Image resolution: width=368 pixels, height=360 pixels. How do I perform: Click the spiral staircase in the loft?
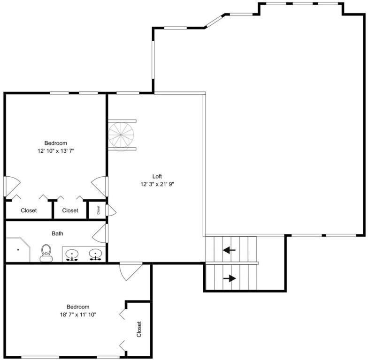click(121, 135)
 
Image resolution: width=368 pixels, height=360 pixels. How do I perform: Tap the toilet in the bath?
click(46, 253)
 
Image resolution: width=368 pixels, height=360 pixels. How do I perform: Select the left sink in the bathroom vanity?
click(72, 255)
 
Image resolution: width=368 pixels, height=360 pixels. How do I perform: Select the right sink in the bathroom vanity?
click(96, 255)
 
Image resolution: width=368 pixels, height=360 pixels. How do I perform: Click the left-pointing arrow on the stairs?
click(229, 250)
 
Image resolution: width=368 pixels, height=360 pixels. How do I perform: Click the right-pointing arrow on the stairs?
click(230, 278)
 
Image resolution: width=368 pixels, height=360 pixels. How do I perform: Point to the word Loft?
click(157, 176)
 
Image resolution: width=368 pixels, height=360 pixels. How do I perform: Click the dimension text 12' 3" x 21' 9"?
click(157, 184)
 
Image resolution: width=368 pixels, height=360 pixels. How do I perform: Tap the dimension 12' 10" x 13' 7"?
click(56, 151)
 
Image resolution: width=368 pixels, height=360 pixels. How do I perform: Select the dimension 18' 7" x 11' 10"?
click(78, 315)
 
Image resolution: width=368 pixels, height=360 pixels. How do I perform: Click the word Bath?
click(57, 233)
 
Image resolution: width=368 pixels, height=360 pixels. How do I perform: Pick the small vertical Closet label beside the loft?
click(99, 210)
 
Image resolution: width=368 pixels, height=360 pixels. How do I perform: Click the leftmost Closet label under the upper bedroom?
click(29, 210)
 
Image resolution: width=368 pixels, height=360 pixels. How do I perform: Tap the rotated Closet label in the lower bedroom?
click(139, 329)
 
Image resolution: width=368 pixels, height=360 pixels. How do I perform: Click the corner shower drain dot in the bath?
click(18, 250)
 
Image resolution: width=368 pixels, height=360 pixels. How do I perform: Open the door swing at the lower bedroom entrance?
click(130, 271)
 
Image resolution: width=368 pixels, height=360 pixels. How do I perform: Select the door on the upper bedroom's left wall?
click(12, 187)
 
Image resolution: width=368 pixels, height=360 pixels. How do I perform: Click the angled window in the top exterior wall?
click(214, 21)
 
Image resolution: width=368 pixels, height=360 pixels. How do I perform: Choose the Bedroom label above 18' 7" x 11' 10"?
click(78, 307)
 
